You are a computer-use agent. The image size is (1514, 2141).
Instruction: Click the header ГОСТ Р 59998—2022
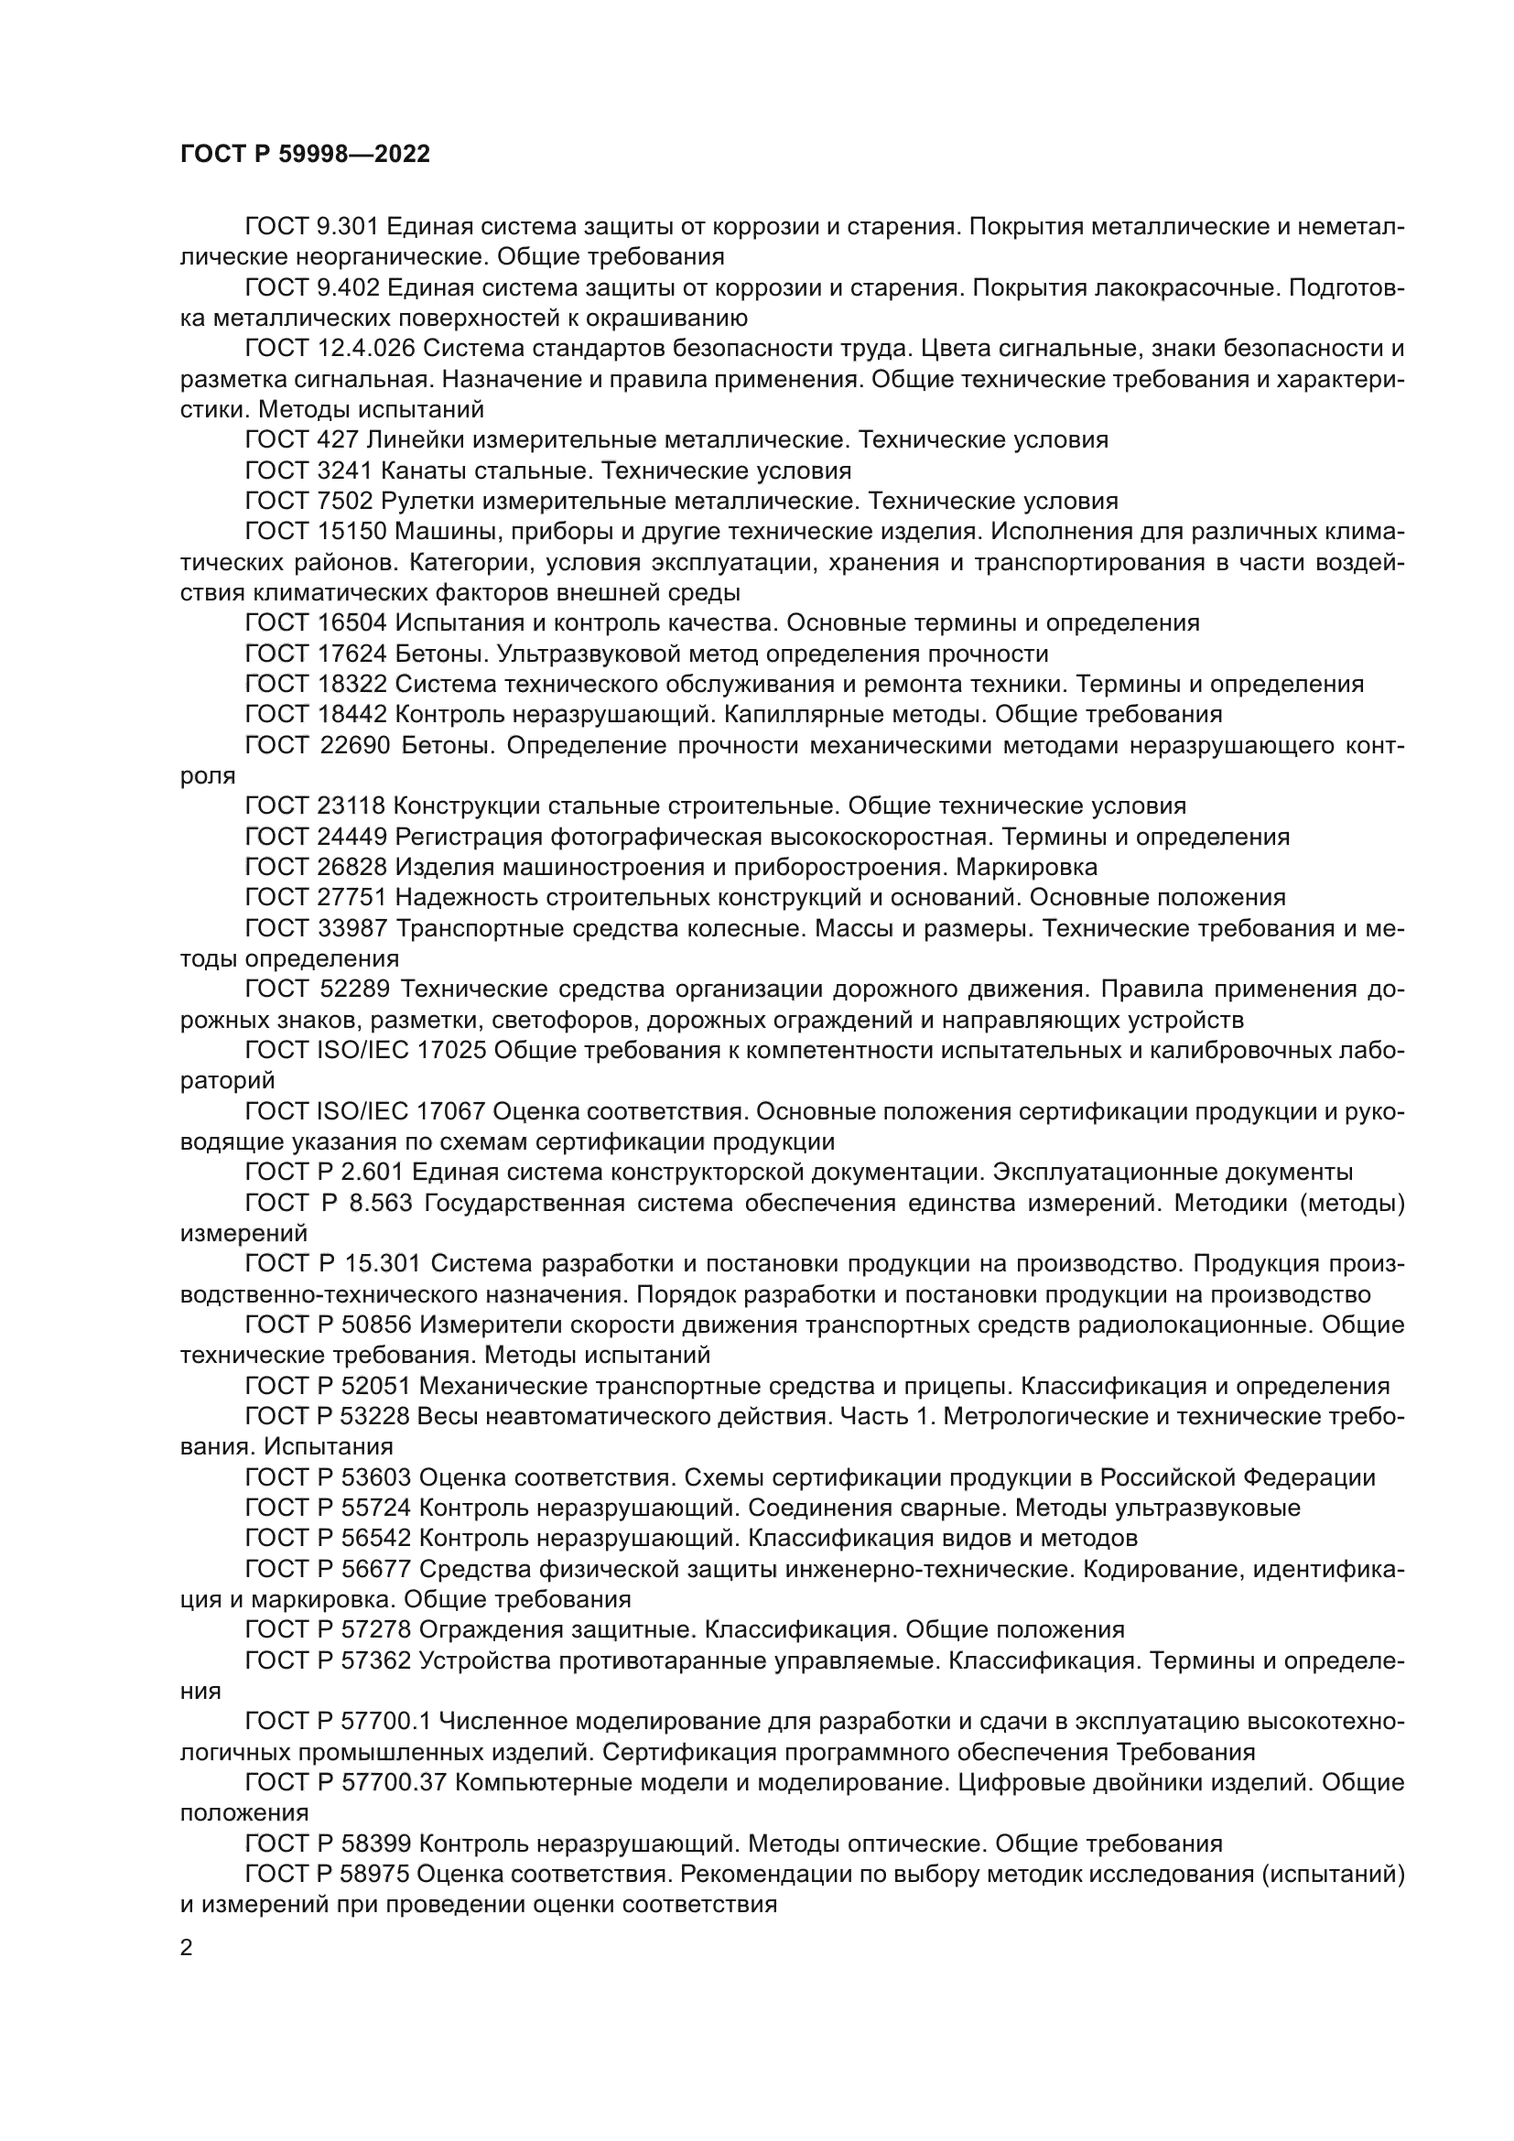[305, 155]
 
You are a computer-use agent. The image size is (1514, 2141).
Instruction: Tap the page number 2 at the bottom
[187, 1948]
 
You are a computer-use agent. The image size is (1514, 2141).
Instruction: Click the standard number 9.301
[348, 227]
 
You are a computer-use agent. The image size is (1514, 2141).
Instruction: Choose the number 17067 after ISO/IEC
[450, 1112]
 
